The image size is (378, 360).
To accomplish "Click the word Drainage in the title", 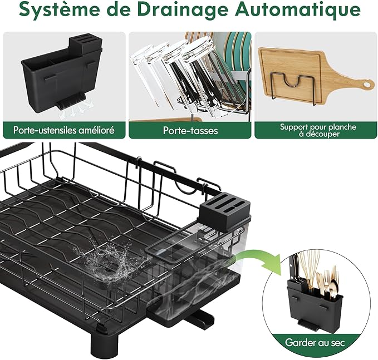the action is click(182, 9).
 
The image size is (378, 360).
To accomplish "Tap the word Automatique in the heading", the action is click(298, 9).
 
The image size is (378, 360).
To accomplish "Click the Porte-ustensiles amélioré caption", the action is click(64, 130).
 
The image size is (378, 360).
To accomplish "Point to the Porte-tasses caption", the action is click(190, 130).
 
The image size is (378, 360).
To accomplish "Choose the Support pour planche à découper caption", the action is click(318, 130).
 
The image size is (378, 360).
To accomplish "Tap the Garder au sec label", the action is click(315, 342).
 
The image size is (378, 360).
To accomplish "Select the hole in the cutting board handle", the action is click(368, 85).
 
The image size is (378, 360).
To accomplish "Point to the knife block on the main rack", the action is click(224, 212).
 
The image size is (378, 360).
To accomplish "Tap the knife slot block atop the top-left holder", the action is click(85, 45).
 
